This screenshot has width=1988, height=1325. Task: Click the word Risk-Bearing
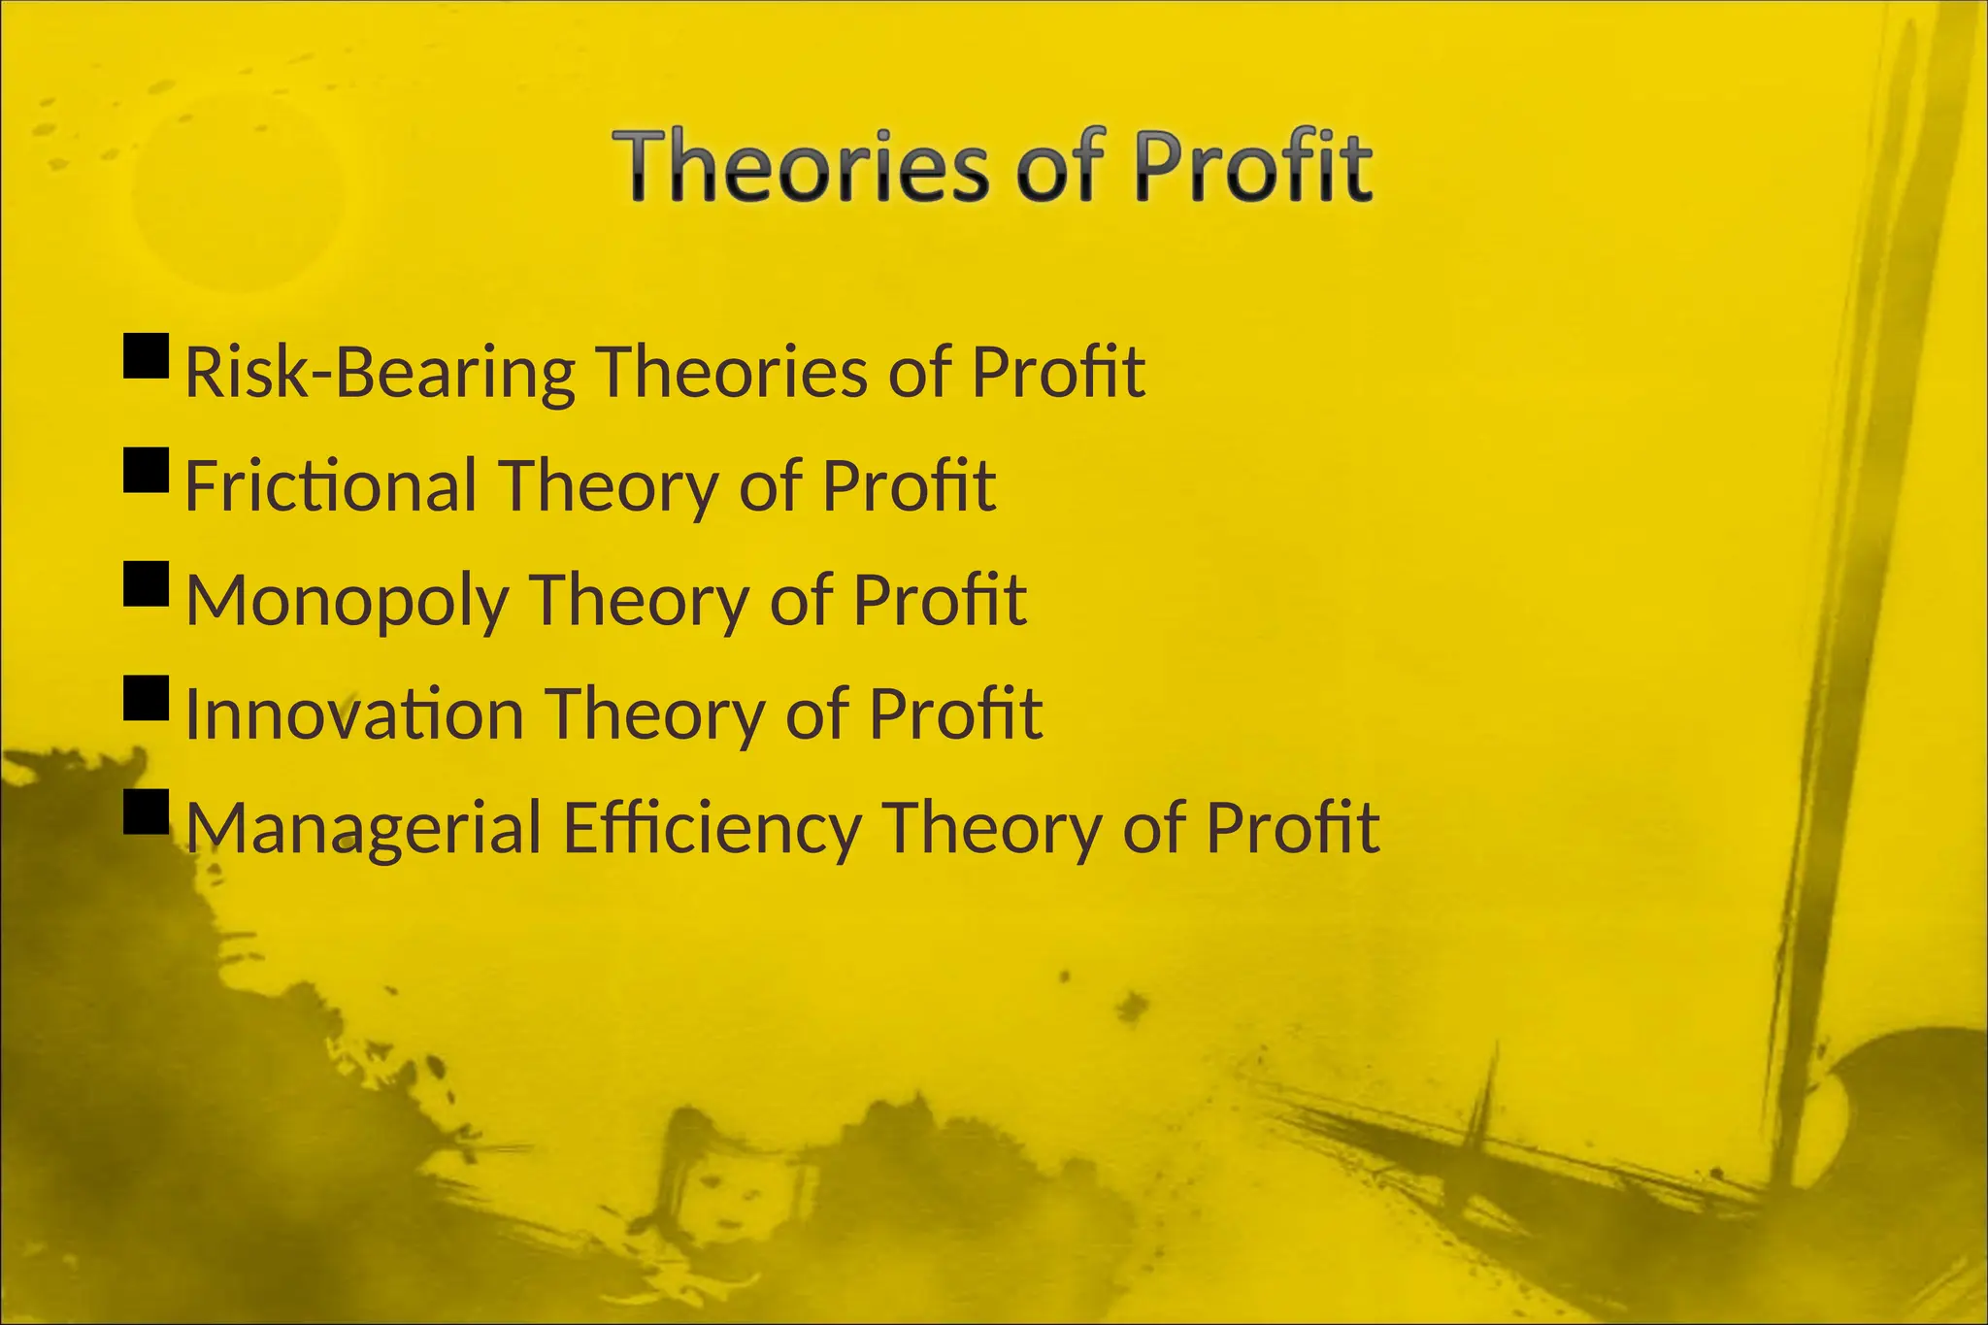coord(379,373)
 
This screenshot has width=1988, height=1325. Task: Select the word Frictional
coord(330,485)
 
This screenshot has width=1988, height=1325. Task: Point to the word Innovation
coord(354,714)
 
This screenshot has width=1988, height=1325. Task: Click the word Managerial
coord(363,828)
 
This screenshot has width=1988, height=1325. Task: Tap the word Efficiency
coord(712,828)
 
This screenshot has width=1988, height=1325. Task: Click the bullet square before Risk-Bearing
coord(147,356)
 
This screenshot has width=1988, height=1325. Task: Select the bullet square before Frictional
coord(147,470)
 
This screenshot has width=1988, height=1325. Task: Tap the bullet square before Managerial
coord(147,812)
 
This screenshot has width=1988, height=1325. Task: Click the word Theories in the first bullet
coord(731,373)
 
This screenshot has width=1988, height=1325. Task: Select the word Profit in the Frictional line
coord(909,485)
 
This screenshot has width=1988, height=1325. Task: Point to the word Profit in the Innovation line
coord(955,714)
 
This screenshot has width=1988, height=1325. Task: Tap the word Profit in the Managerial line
coord(1292,828)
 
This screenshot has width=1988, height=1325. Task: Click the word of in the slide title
coord(1060,167)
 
